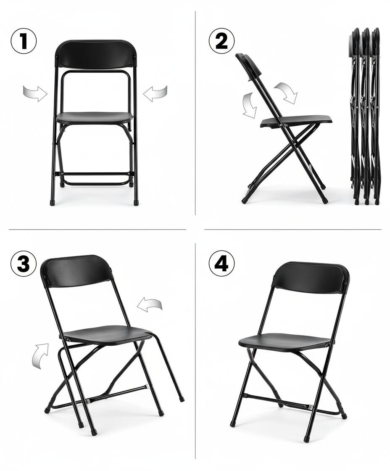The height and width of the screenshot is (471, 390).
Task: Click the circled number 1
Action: pos(24,41)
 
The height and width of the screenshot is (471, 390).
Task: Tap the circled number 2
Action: pos(221,41)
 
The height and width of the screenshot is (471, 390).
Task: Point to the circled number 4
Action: pos(221,264)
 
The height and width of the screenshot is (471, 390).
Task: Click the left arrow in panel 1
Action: pos(35,93)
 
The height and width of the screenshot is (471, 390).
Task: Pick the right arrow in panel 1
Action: pos(155,93)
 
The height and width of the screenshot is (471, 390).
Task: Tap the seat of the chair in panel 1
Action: pos(94,118)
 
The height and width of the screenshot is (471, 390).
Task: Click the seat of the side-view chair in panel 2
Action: pos(297,121)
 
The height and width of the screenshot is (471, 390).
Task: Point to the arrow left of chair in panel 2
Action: pos(250,105)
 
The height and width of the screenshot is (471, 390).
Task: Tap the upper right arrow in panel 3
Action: pos(150,305)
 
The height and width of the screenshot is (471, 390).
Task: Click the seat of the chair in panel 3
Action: pos(107,334)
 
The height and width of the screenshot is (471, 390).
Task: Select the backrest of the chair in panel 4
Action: pos(311,278)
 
